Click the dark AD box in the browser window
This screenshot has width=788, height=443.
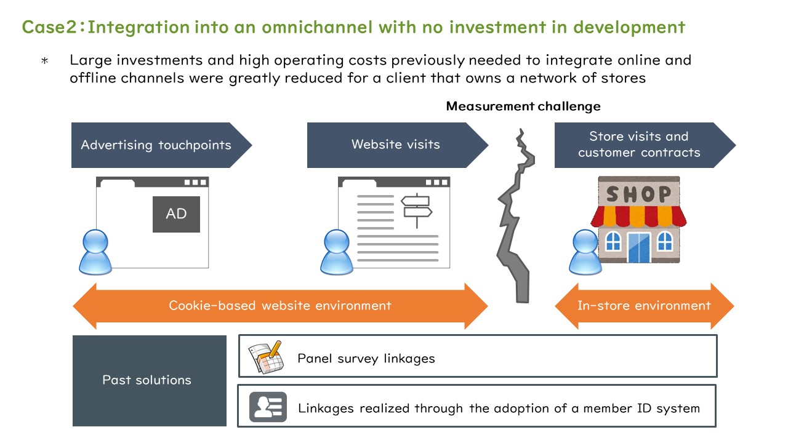(176, 214)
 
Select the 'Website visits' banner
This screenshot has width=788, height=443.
(398, 145)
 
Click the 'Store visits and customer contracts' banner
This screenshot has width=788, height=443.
(645, 145)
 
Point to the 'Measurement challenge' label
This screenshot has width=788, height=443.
(523, 106)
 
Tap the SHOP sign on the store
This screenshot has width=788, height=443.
(639, 194)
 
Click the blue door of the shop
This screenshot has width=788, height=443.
(639, 247)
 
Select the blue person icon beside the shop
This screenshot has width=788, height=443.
(585, 252)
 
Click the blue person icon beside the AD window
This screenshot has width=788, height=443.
(95, 252)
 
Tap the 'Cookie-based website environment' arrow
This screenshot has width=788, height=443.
(280, 306)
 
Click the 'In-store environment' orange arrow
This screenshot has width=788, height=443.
(644, 306)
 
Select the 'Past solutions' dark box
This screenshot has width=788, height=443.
(150, 381)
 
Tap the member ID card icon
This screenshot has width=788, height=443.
(268, 407)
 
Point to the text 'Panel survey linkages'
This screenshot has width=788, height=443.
(366, 359)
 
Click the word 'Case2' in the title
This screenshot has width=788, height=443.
(49, 27)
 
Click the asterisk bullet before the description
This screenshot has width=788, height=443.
(45, 61)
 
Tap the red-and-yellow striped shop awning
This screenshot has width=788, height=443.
(638, 216)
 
